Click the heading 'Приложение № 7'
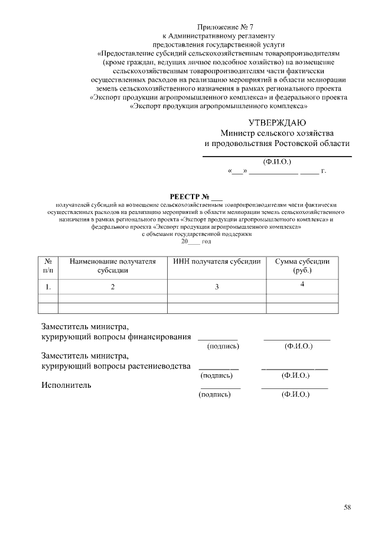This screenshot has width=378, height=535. (x=219, y=27)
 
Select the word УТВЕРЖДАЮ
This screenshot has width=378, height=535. (x=277, y=123)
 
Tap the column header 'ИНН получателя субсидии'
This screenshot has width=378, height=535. (x=217, y=261)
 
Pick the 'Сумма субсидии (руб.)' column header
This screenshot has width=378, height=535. (x=302, y=265)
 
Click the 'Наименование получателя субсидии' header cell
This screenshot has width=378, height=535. (x=113, y=265)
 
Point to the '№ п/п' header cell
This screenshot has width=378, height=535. (x=48, y=265)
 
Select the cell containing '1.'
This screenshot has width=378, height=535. (x=48, y=287)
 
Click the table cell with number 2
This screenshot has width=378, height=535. (x=113, y=287)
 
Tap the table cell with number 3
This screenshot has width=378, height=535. (x=217, y=287)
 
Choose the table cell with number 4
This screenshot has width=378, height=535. (x=302, y=284)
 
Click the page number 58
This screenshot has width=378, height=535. (x=347, y=507)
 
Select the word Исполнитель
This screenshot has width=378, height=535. (x=66, y=385)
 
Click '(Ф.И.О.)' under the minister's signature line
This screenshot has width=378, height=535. (x=276, y=161)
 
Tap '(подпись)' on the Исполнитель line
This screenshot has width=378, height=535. (x=214, y=394)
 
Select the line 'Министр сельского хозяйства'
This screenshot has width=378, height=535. (x=277, y=133)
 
